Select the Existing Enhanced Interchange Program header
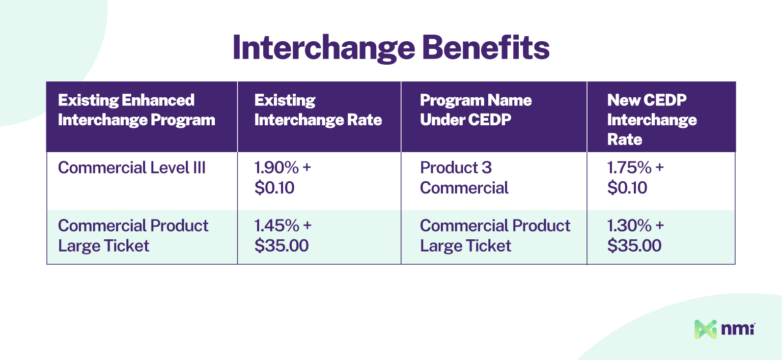tap(136, 110)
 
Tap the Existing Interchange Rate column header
tap(318, 110)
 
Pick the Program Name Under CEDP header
tap(476, 110)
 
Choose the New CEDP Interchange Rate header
tap(652, 120)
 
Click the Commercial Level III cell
tap(132, 168)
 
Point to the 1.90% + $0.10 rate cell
tap(282, 178)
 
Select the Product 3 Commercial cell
tap(464, 178)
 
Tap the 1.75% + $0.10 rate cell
tap(635, 178)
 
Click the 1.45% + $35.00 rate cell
tap(282, 236)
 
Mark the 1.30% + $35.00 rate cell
tap(635, 236)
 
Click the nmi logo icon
tap(706, 329)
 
